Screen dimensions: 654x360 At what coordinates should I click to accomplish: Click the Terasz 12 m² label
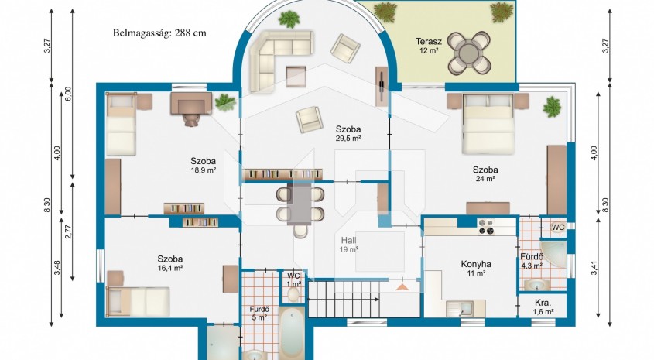coord(428,46)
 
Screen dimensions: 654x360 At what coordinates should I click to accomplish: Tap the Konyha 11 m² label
coord(475,269)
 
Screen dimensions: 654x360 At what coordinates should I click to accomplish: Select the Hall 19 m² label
coord(350,245)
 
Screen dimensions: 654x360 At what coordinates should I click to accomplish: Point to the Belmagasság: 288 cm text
coord(159,33)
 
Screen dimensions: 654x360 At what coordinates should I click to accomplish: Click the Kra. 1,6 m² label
coord(543,307)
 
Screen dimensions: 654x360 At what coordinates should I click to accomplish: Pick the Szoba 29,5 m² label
coord(348,133)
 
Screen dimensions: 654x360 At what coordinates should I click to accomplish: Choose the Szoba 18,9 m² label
coord(203,165)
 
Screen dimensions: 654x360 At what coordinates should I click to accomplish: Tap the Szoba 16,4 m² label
coord(170,264)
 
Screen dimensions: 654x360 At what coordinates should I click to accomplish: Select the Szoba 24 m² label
coord(485,174)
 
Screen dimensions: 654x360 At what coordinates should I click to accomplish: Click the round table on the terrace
coord(469,53)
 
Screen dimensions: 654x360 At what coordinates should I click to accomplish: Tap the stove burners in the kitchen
coord(485,227)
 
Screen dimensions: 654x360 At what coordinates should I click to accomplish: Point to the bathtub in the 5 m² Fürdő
coord(292,334)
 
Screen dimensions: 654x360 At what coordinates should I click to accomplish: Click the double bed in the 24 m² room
coord(488,123)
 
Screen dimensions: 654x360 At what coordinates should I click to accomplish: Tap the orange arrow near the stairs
coord(402,286)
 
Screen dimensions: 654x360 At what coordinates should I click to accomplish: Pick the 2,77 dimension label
coord(68,232)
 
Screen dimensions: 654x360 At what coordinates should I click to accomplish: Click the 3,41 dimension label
coord(594,268)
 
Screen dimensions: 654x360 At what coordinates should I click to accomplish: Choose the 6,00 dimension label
coord(68,94)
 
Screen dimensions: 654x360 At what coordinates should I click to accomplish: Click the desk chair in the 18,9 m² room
coord(191,119)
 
